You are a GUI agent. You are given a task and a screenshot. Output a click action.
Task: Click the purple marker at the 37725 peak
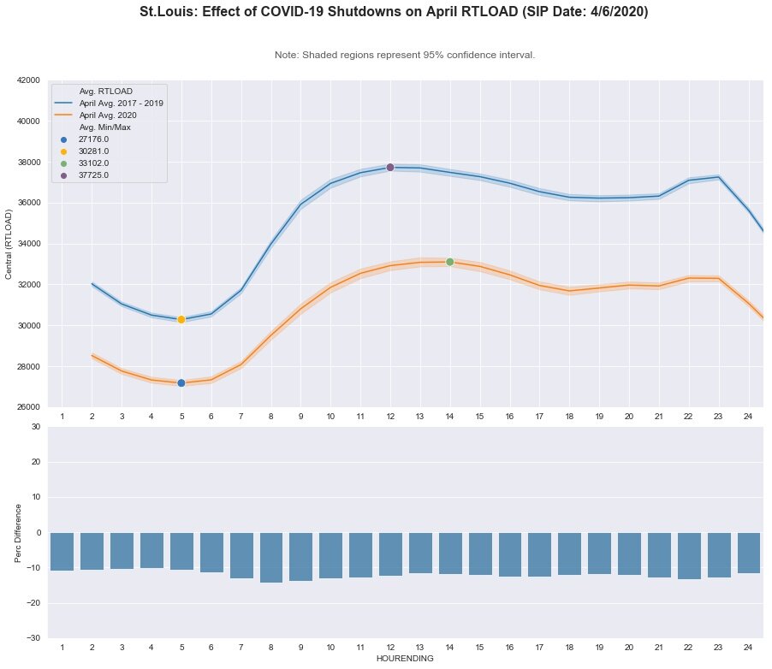tap(390, 167)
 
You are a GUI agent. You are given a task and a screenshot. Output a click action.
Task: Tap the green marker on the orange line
tap(450, 262)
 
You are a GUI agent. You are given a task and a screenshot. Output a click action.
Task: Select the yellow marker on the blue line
tap(181, 319)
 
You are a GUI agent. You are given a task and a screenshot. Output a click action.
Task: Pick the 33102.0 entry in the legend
tap(93, 163)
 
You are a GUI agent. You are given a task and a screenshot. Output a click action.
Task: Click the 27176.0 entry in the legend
tap(93, 139)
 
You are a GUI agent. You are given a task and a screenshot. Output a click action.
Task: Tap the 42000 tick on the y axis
tap(28, 80)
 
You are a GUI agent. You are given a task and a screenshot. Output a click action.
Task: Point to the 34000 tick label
tap(28, 244)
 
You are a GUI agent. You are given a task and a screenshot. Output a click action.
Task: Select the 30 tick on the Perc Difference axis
tap(35, 426)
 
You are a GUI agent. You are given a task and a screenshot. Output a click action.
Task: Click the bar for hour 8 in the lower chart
tap(271, 557)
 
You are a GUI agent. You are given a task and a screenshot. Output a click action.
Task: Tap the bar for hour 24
tap(748, 553)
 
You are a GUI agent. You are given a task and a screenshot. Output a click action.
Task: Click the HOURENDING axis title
tap(405, 659)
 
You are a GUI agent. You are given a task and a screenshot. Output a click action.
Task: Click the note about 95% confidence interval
tap(405, 55)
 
